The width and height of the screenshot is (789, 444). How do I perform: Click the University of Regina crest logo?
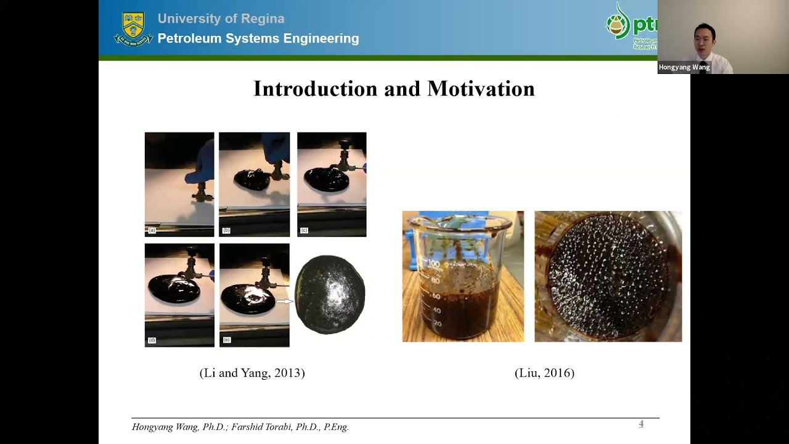point(133,28)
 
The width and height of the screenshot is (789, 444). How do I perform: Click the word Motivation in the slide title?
point(481,89)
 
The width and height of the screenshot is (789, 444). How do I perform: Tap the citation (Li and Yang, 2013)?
point(252,373)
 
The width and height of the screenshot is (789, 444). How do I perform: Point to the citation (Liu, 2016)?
point(544,373)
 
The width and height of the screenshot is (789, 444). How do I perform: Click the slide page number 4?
point(641,424)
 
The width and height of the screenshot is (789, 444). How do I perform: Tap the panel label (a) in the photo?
point(152,231)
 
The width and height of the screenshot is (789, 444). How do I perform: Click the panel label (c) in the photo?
point(304,231)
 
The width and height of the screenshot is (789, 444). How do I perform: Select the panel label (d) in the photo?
point(152,340)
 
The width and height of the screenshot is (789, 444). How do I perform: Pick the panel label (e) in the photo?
point(226,340)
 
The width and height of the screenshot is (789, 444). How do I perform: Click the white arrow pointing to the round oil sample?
point(284,302)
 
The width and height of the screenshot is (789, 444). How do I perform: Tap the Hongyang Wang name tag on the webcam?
point(684,67)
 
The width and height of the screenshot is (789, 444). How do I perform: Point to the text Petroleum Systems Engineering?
point(258,38)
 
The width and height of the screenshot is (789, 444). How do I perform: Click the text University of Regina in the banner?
point(221,18)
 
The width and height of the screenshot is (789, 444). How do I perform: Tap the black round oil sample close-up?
point(330,295)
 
